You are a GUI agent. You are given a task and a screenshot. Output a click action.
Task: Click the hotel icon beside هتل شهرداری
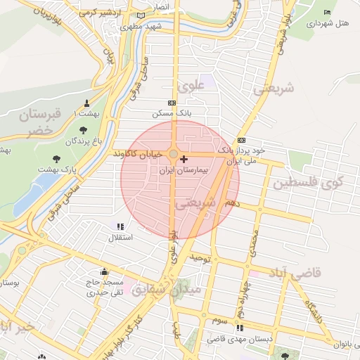click(326, 12)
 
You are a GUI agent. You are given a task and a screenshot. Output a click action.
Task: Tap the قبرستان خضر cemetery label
click(41, 120)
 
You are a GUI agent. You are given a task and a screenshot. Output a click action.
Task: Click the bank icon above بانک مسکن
click(172, 103)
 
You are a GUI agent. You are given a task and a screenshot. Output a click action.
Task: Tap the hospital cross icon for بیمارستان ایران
click(184, 160)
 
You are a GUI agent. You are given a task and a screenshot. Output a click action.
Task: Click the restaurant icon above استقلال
click(120, 226)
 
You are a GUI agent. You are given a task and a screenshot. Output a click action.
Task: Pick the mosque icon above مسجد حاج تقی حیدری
click(105, 272)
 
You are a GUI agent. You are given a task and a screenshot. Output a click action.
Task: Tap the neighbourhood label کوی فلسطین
click(316, 184)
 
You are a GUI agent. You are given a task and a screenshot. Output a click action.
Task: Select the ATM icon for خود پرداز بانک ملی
click(242, 139)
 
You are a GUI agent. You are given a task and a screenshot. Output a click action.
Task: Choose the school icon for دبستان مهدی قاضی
click(240, 328)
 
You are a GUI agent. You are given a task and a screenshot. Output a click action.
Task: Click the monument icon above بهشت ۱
click(87, 103)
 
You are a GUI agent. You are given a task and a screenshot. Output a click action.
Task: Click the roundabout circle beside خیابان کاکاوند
click(174, 153)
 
